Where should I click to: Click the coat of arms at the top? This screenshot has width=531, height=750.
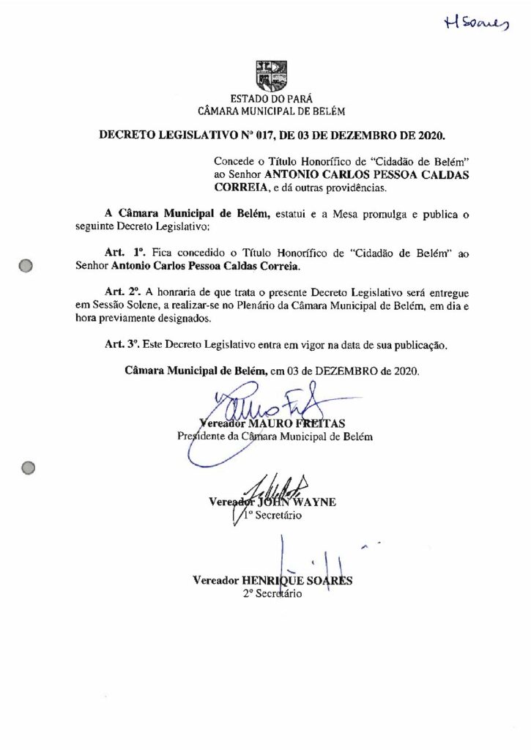(272, 75)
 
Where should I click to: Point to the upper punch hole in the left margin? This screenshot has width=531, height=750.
(29, 267)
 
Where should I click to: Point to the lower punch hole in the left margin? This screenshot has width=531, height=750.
(29, 466)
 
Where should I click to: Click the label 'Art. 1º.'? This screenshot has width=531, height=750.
(124, 251)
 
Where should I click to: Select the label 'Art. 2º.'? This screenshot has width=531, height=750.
(124, 294)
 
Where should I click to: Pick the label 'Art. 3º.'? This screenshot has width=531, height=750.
(124, 343)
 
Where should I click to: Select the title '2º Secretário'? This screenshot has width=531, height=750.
(272, 594)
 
